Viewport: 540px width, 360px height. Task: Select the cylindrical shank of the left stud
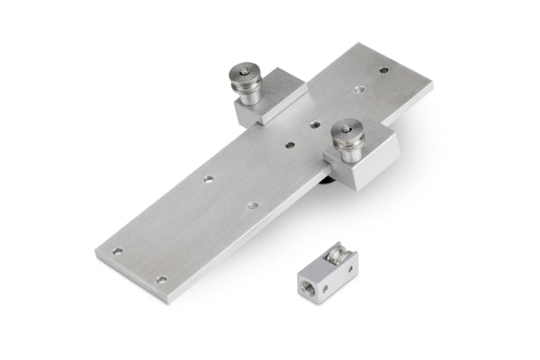249,94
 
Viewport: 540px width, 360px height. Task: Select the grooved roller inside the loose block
342,256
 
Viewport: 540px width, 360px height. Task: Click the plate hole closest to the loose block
252,206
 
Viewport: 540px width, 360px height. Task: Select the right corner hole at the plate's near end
162,279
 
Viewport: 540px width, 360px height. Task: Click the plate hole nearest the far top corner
383,69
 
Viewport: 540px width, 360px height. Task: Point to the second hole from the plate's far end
359,90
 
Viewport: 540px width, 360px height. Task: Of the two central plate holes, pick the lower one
290,143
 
